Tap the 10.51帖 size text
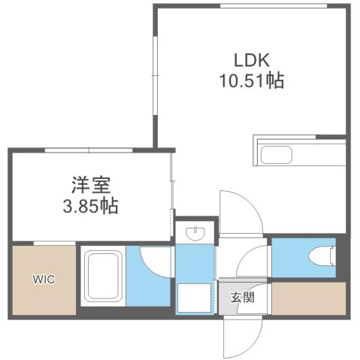(251, 81)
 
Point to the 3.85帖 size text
(90, 205)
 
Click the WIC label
(43, 279)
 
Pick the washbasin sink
(195, 232)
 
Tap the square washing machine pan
(193, 298)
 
